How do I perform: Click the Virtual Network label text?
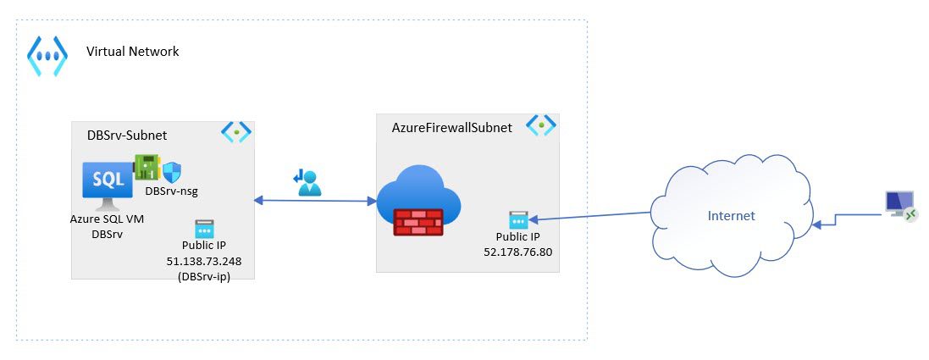pos(132,52)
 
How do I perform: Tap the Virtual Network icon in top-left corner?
pos(47,56)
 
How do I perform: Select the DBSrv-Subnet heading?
pos(127,135)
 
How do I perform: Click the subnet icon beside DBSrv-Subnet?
pos(236,131)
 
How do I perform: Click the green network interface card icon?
pos(147,167)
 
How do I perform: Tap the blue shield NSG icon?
pos(172,172)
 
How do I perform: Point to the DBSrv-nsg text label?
pos(171,191)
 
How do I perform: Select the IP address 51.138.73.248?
pos(203,261)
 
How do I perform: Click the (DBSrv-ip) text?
pos(203,275)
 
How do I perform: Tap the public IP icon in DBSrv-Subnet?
pos(204,229)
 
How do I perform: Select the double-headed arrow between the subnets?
pos(315,201)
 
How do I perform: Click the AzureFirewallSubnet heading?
pos(451,127)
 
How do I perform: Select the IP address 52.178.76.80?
pos(517,252)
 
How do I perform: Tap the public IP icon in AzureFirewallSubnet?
pos(518,219)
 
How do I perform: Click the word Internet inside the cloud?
pos(731,216)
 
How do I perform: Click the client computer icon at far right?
pos(899,205)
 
